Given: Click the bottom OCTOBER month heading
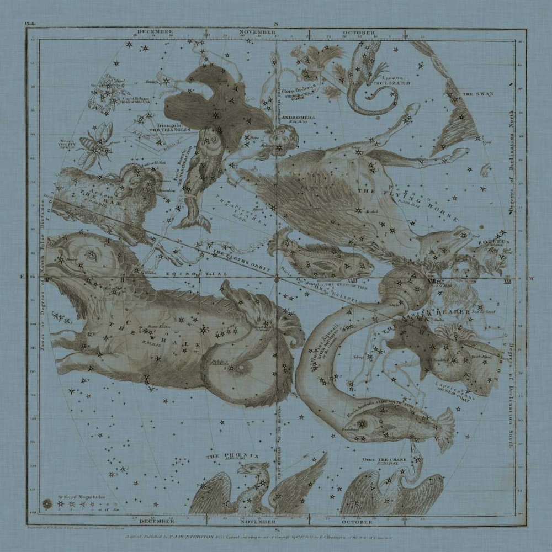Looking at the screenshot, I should tap(359, 521).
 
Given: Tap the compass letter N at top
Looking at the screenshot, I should tap(277, 24).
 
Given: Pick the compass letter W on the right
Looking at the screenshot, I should tap(532, 279).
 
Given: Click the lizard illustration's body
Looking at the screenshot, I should tap(359, 77).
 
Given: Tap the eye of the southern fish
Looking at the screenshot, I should tap(363, 423).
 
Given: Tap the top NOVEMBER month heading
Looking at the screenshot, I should tap(257, 33).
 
